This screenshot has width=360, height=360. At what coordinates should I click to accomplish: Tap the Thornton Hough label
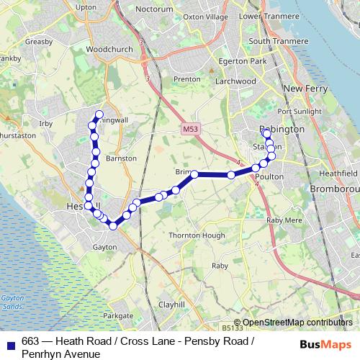tap(192, 235)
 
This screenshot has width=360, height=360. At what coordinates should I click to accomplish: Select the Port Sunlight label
tap(297, 112)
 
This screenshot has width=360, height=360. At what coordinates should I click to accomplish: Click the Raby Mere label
tap(282, 221)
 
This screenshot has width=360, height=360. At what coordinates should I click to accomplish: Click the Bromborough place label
tap(334, 189)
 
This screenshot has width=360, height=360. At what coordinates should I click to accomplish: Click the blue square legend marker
tap(11, 343)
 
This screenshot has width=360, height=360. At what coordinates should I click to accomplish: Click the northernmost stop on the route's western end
tap(99, 114)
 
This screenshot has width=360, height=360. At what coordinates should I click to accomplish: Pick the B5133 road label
tap(232, 328)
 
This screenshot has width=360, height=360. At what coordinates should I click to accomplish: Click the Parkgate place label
tap(118, 315)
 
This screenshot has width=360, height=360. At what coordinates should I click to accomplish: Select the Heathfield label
tap(338, 174)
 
